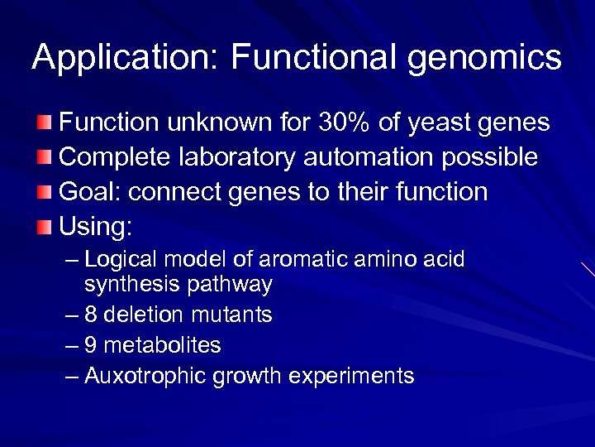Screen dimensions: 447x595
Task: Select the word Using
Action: click(96, 227)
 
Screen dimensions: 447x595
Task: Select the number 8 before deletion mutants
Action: click(90, 315)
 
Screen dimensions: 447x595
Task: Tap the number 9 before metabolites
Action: click(90, 345)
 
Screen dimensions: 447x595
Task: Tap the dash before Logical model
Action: click(72, 260)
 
